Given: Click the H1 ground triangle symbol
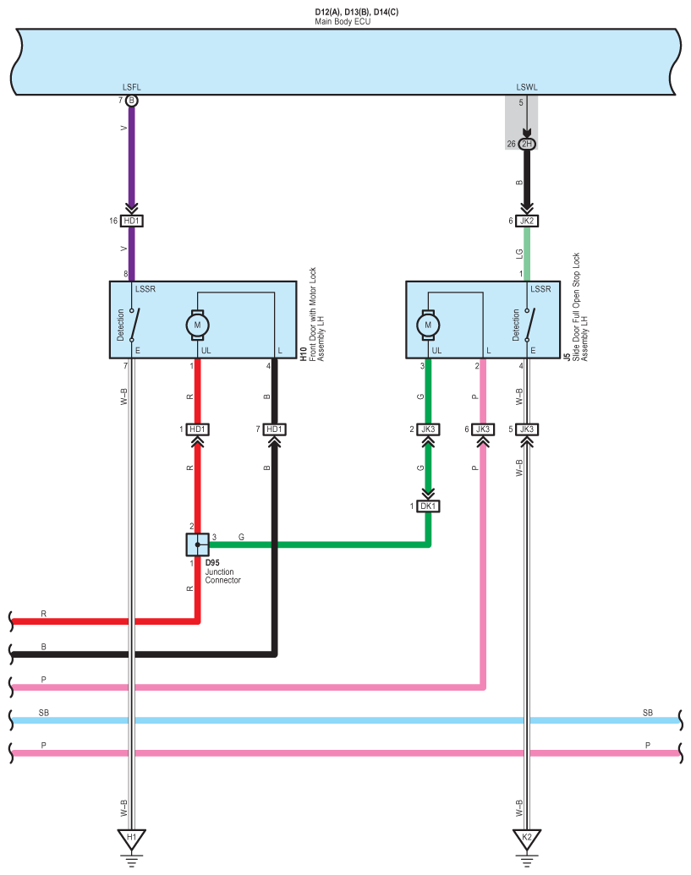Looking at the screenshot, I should (131, 839).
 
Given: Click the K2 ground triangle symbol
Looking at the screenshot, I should (526, 839).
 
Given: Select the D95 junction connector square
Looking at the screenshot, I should (197, 545).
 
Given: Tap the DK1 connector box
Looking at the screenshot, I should (429, 506).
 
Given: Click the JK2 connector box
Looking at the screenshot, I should (527, 221).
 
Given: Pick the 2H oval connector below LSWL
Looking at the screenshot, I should (527, 145).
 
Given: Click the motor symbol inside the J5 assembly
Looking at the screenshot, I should (428, 324).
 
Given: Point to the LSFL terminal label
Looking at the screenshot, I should (131, 88).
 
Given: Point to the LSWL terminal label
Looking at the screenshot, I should (527, 88).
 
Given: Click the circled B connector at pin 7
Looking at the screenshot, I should (131, 101).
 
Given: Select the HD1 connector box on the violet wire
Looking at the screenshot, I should (131, 221).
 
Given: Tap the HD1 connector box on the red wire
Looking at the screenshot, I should (197, 429).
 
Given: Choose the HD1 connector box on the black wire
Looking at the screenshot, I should (274, 429).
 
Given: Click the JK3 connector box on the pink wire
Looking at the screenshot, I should (482, 429).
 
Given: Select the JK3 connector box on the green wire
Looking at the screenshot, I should (429, 429).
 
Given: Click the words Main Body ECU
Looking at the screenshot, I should (343, 21).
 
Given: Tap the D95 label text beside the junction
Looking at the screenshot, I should (212, 562).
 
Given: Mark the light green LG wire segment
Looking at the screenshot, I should (527, 254).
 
